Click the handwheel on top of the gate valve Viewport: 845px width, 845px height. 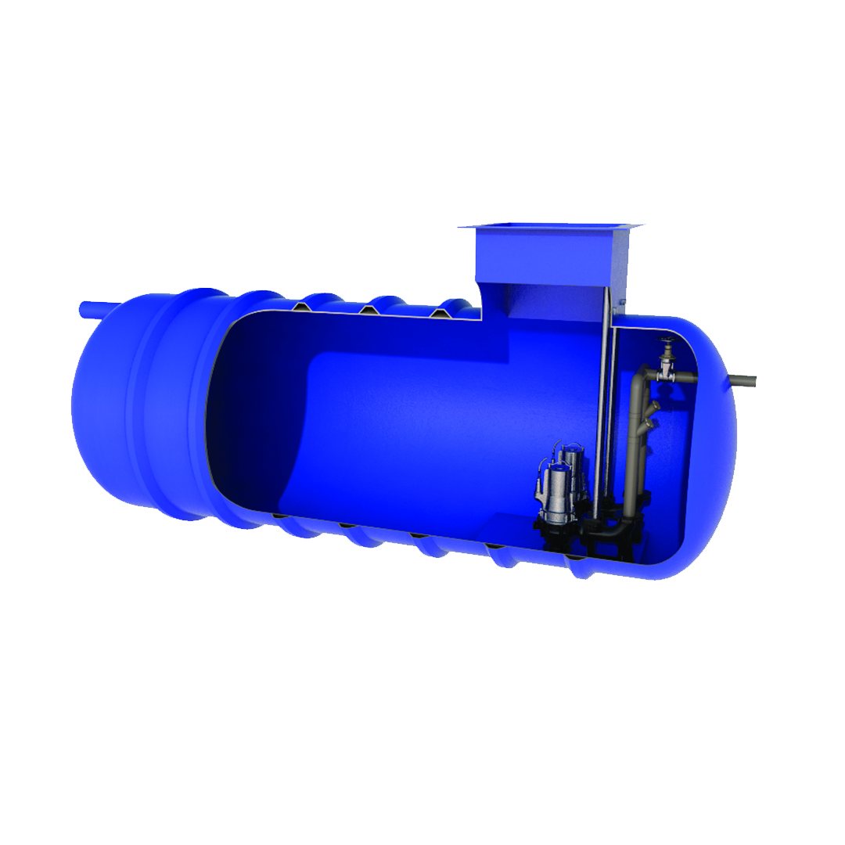667,341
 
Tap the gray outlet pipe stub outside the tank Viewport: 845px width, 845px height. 743,381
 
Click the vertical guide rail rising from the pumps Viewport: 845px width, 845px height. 602,407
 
